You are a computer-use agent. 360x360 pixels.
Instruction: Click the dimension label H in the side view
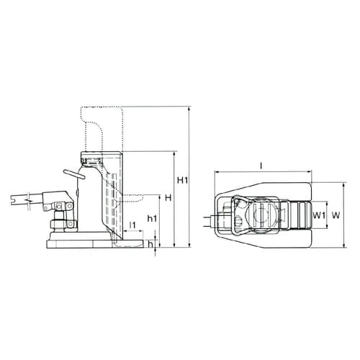(x=167, y=197)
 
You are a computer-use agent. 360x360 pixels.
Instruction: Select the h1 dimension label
(x=151, y=217)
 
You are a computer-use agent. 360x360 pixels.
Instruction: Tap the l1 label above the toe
(x=132, y=225)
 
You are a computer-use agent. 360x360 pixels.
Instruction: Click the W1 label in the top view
(x=320, y=214)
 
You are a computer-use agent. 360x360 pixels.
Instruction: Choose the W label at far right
(x=335, y=215)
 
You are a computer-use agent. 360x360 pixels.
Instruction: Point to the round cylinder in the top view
(x=261, y=214)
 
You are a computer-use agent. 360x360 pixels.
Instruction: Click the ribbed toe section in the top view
(x=297, y=214)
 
